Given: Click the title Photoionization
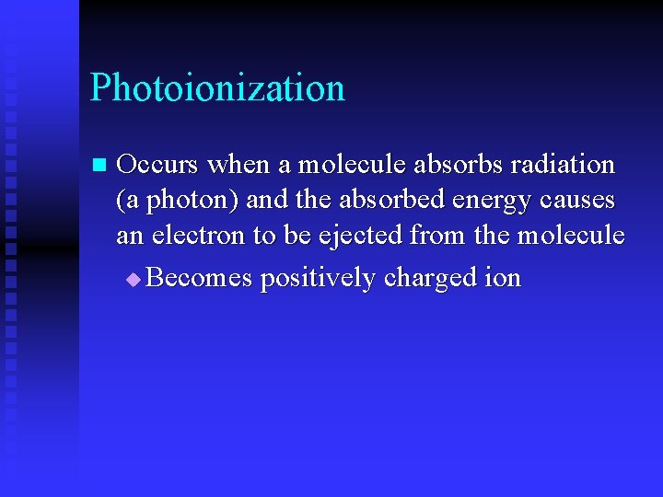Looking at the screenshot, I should tap(217, 88).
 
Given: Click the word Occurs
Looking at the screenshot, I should tap(157, 165).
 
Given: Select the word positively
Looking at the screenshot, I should tap(318, 278).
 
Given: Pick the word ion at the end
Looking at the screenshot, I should tap(503, 277).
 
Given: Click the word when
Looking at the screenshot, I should tap(238, 165).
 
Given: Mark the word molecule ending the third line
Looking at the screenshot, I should tap(571, 236).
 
